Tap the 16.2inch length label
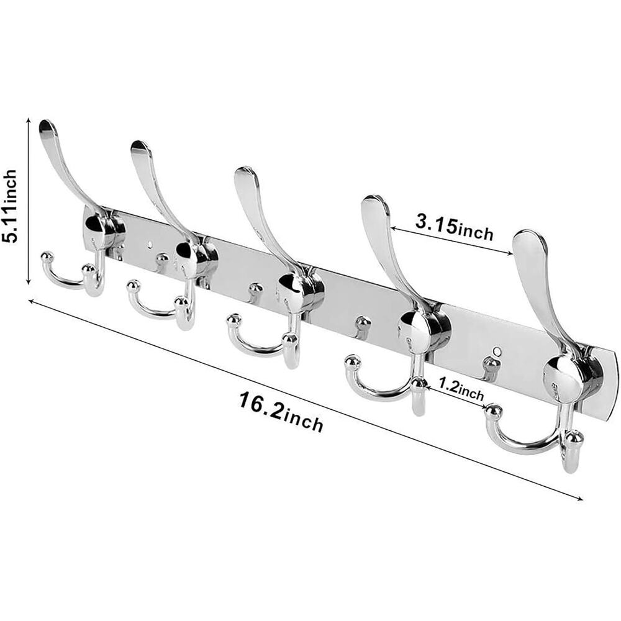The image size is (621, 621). [281, 412]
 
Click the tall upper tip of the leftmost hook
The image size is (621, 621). [47, 128]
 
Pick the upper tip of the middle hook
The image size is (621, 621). [245, 175]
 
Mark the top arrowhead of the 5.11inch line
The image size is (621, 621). [29, 121]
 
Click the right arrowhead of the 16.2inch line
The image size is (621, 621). [580, 498]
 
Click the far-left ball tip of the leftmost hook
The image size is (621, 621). [46, 255]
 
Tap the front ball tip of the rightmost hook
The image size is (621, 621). [574, 438]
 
